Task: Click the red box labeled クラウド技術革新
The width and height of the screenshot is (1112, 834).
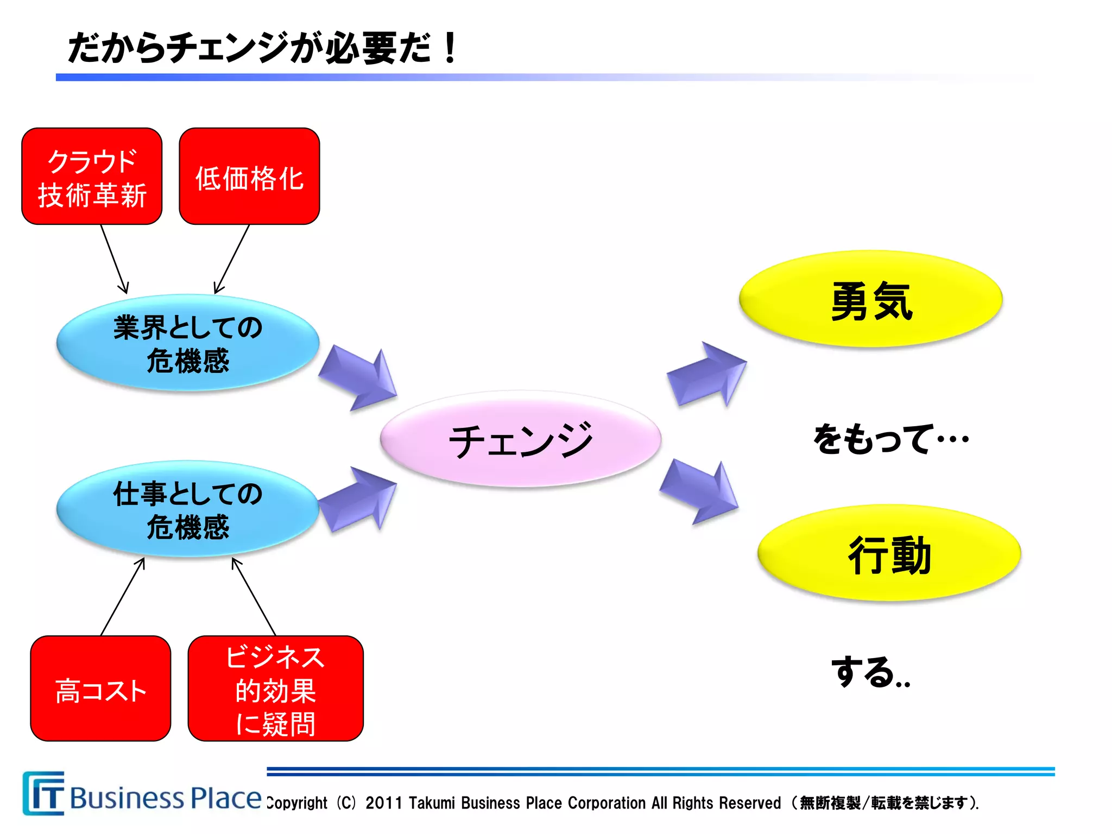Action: click(x=92, y=176)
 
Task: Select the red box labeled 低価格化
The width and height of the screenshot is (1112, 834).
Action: click(x=249, y=176)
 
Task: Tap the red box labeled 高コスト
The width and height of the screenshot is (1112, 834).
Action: click(x=100, y=688)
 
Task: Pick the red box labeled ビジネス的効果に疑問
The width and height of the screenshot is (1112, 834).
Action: click(x=275, y=688)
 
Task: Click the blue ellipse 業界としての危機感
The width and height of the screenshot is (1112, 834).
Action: click(x=188, y=343)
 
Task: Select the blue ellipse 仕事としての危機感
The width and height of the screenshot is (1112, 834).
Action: click(x=188, y=509)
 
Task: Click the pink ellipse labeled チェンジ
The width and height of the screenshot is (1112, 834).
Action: click(x=520, y=439)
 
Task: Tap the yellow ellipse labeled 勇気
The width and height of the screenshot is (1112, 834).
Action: click(x=870, y=299)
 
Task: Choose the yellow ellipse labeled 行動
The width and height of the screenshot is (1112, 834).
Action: click(x=889, y=553)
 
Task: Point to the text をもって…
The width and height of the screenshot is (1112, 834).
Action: click(x=890, y=439)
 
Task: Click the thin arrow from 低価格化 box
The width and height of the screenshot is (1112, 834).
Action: click(x=232, y=258)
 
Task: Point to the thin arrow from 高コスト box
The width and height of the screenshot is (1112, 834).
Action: click(x=123, y=597)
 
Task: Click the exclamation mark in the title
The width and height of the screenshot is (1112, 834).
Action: click(x=450, y=48)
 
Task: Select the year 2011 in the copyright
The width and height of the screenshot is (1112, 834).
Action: click(x=383, y=803)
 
